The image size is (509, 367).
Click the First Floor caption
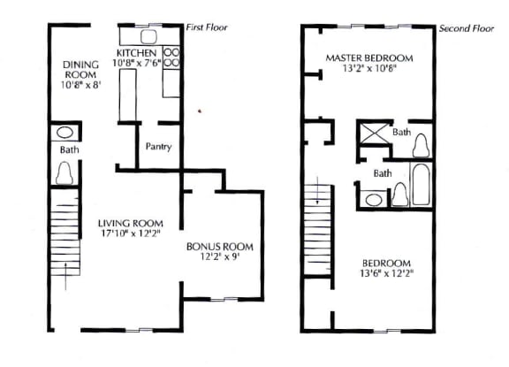tap(207, 27)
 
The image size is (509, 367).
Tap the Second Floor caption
tap(467, 28)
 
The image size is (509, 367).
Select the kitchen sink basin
tap(149, 37)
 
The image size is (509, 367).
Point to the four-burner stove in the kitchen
tap(171, 57)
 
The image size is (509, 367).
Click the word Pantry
tap(158, 147)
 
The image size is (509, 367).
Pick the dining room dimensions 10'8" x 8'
tap(80, 85)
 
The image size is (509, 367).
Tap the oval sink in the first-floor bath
tap(65, 133)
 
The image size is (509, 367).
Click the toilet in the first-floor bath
tap(65, 172)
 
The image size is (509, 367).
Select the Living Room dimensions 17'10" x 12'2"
tap(131, 233)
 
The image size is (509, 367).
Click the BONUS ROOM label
tap(220, 247)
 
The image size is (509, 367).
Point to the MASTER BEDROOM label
tap(369, 58)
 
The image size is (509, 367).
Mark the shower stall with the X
tap(375, 133)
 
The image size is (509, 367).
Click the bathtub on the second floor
tap(421, 184)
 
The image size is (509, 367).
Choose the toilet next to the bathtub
tap(400, 195)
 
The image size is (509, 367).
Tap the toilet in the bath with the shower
tap(421, 146)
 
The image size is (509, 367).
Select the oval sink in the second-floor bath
tap(374, 199)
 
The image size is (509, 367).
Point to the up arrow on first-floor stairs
tap(66, 276)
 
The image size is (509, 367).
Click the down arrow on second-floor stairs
tap(317, 190)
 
